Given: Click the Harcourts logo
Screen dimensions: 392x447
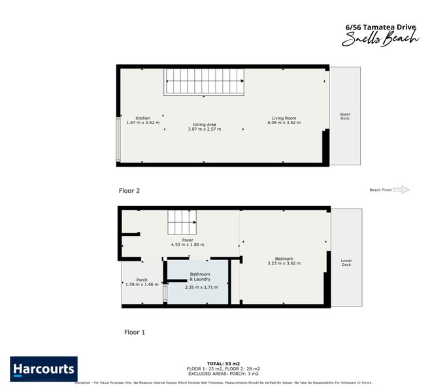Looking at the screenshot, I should (44, 368).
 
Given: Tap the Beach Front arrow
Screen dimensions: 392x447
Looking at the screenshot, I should (401, 189).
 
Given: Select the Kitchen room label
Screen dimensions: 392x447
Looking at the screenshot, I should (142, 118).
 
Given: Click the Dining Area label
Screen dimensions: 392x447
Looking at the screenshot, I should (204, 124).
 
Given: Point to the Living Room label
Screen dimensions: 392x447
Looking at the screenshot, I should (284, 118).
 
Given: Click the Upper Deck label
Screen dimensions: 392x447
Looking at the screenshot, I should (345, 116).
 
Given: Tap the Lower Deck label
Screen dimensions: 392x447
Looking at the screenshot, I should (346, 263).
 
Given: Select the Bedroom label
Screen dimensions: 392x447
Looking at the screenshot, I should (284, 259).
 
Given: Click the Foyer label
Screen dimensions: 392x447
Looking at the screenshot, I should (188, 240).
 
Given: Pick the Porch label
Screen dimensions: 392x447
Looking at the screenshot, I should (142, 280).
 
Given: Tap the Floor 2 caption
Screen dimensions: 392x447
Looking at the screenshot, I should (129, 191).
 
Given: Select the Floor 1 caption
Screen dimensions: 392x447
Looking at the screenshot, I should (135, 332).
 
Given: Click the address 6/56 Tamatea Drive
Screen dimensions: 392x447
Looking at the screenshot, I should (380, 27).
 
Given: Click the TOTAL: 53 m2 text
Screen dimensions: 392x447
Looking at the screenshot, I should (223, 363).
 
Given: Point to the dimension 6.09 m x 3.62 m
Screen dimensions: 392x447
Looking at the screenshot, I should (286, 123).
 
